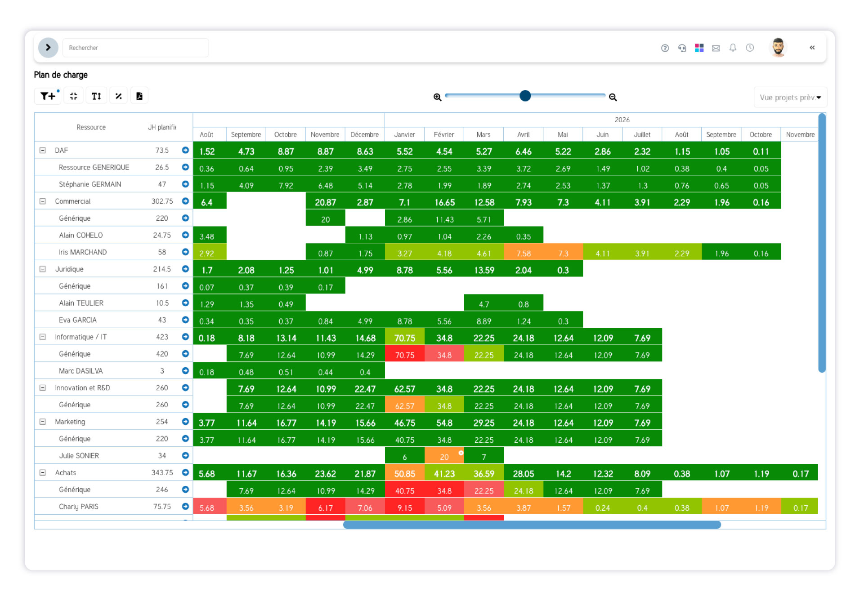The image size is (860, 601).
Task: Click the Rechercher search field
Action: point(135,48)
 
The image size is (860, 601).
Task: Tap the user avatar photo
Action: point(778,47)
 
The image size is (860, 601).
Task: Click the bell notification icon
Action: point(733,48)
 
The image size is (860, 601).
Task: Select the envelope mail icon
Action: point(716,48)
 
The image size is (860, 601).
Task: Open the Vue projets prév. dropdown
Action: point(790,97)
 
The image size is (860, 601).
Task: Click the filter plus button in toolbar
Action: point(48,96)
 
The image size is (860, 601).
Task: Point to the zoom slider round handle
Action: point(525,96)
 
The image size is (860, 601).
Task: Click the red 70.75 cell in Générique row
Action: point(404,355)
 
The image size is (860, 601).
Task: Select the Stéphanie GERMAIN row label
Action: point(90,184)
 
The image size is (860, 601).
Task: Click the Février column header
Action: point(443,134)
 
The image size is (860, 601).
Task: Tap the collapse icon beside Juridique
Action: point(43,269)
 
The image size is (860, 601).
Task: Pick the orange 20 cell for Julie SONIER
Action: point(444,456)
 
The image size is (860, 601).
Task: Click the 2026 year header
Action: point(622,120)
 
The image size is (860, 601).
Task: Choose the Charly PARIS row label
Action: point(79,507)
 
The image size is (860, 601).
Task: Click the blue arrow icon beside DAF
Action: point(185,150)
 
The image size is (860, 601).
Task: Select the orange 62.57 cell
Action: point(404,405)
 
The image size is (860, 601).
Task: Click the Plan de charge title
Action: point(61,75)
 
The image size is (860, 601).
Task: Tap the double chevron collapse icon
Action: point(812,48)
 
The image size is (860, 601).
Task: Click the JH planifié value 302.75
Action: point(162,201)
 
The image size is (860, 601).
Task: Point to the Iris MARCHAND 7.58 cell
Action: point(523,253)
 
